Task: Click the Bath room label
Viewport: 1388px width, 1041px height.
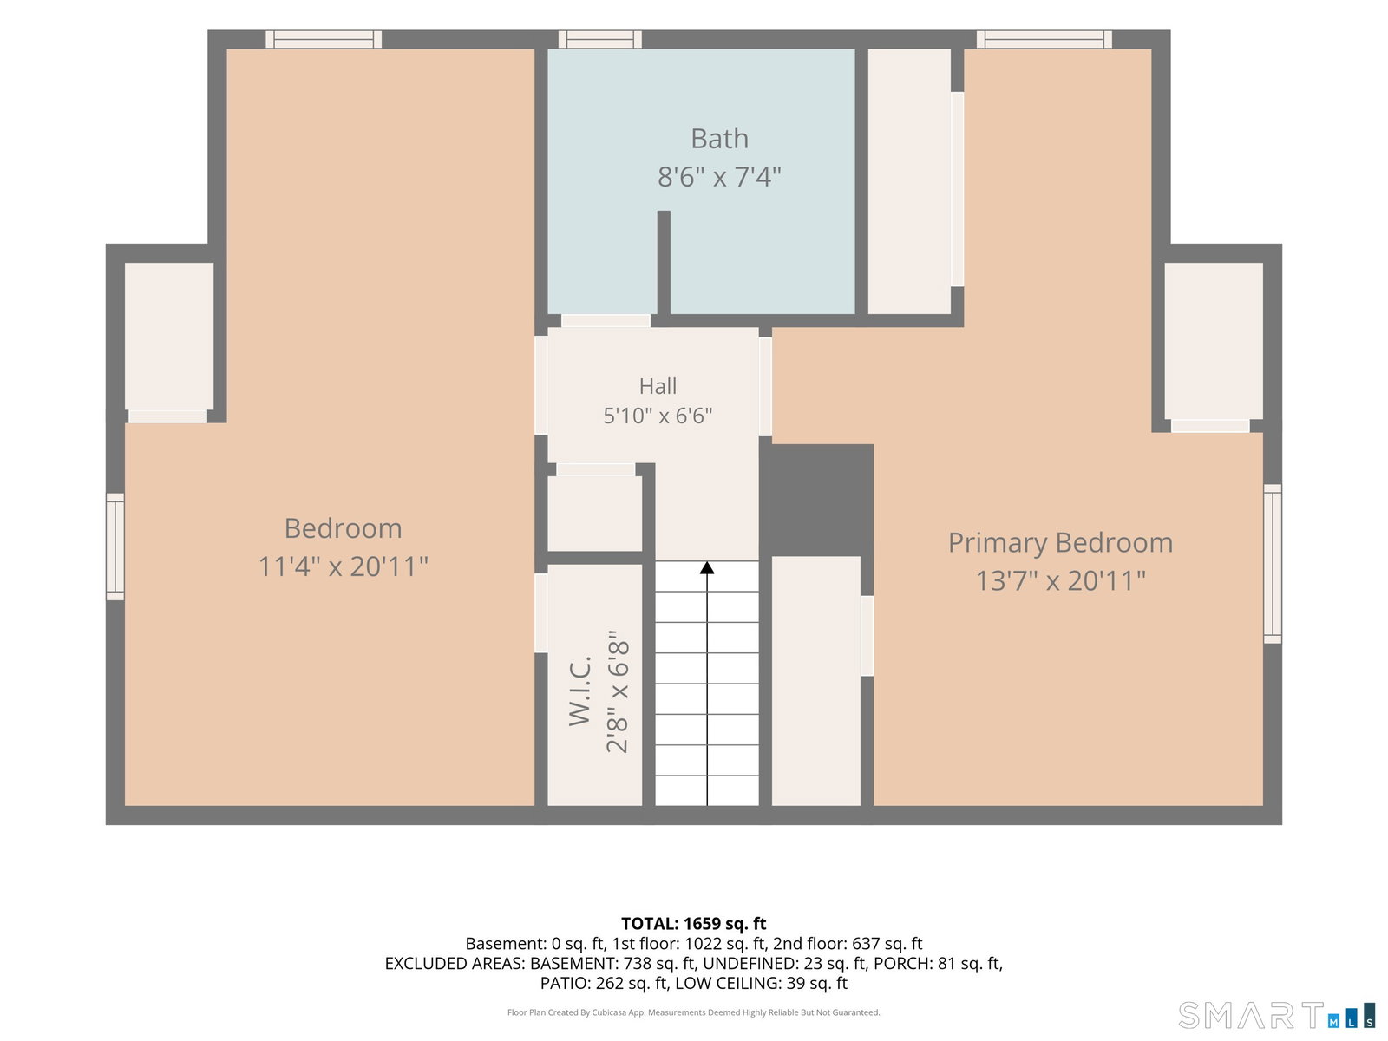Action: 719,139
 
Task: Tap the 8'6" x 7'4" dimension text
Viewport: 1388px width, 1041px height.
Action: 719,176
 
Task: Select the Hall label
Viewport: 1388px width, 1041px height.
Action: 658,385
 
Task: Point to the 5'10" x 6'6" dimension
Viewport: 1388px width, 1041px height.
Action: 658,416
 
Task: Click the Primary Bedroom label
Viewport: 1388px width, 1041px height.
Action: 1060,543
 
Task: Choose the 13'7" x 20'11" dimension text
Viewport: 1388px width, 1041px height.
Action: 1060,581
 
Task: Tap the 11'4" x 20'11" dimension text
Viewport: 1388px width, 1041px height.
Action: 343,566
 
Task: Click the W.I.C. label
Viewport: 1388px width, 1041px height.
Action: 579,691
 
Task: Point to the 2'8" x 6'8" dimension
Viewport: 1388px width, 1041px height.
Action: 618,691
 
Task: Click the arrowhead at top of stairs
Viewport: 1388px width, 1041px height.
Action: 707,567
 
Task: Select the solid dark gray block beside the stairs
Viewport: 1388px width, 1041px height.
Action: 816,500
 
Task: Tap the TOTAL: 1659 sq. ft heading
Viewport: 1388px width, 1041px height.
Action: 694,923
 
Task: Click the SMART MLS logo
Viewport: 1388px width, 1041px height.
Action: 1276,1015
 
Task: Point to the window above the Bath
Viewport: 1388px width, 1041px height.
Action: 600,39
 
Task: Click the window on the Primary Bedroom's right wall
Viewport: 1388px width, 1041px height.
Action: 1273,564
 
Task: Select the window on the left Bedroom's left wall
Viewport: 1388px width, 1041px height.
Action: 115,547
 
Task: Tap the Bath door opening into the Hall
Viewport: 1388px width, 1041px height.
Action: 606,320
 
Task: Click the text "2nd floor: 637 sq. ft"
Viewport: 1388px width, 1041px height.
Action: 848,944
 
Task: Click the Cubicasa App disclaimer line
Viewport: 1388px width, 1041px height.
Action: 694,1012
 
